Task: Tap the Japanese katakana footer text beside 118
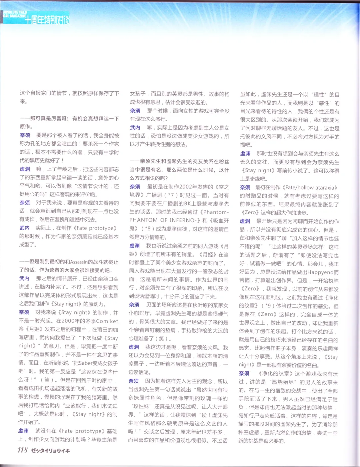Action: click(x=51, y=451)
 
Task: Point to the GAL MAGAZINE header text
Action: click(x=15, y=16)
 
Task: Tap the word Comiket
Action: click(x=107, y=321)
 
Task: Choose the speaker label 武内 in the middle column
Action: click(x=135, y=128)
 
